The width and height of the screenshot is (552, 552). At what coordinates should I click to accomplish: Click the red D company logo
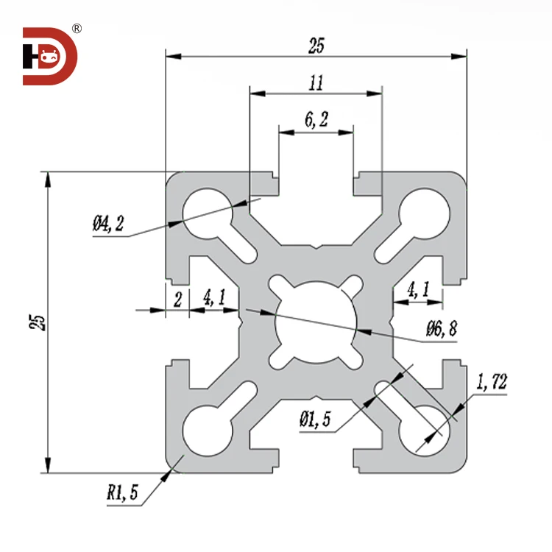click(x=49, y=56)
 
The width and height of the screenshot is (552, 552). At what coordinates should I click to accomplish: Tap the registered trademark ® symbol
click(x=77, y=29)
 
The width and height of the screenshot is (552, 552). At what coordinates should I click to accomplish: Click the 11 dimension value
click(x=316, y=83)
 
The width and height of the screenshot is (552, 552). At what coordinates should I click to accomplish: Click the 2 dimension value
click(x=177, y=298)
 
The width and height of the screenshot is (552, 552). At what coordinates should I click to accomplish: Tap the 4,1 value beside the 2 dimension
click(x=214, y=298)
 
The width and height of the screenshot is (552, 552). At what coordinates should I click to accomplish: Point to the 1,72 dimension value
click(x=492, y=382)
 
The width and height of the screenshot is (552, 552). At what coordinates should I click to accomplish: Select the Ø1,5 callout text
click(x=315, y=420)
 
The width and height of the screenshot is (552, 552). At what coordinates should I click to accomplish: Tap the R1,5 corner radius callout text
click(x=121, y=492)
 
